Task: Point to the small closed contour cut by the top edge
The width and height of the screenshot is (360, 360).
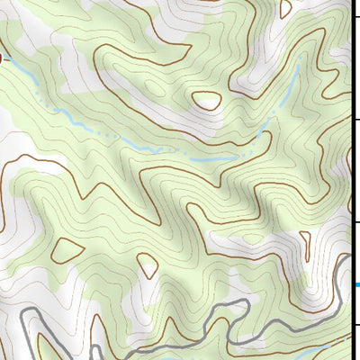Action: click(x=286, y=7)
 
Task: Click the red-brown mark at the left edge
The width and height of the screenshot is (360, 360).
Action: click(x=2, y=57)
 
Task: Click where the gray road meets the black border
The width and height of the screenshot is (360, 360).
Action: click(x=349, y=259)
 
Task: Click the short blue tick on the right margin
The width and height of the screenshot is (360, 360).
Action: click(x=356, y=286)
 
